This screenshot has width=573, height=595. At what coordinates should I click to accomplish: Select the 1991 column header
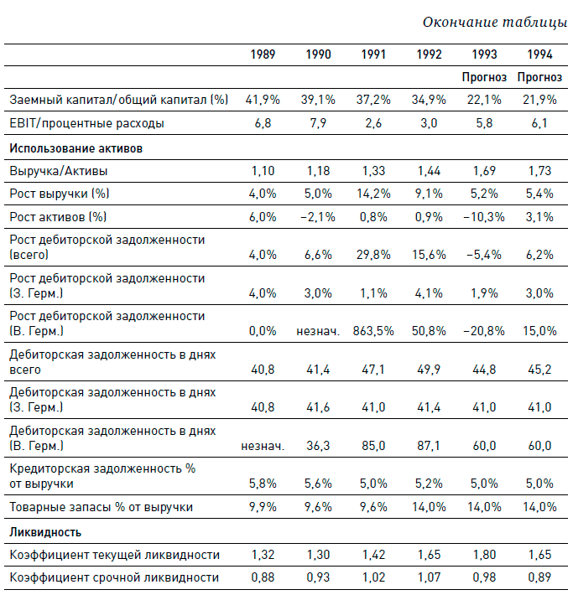click(x=373, y=55)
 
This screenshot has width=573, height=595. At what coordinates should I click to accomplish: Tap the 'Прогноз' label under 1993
click(x=484, y=77)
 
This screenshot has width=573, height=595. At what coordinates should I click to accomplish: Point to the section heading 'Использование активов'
click(x=76, y=148)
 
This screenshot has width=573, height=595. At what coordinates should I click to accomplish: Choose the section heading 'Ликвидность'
click(x=45, y=532)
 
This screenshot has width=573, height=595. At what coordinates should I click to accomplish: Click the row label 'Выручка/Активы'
click(x=58, y=171)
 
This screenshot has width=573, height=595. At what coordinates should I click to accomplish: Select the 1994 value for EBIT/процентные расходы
click(x=540, y=123)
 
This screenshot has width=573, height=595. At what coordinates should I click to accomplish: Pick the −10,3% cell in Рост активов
click(x=485, y=218)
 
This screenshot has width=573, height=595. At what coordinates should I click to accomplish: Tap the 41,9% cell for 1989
click(x=262, y=100)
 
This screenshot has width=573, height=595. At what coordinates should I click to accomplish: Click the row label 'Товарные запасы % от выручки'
click(x=101, y=507)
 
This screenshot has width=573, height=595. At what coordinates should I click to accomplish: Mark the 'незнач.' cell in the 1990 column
click(x=317, y=331)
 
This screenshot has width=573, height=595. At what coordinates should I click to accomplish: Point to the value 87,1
click(x=430, y=447)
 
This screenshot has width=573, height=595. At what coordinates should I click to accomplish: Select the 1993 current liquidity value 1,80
click(x=485, y=555)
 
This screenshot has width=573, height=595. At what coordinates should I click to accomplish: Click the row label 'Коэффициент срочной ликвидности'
click(x=113, y=577)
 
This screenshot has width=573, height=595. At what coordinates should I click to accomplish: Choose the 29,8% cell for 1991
click(x=374, y=254)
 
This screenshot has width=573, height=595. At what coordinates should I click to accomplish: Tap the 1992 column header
click(x=430, y=55)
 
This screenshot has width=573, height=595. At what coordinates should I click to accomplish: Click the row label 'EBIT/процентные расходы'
click(x=86, y=123)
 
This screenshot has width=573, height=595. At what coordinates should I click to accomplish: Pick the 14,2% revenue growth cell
click(x=374, y=194)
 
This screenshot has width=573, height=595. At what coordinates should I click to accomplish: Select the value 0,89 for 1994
click(x=540, y=577)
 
